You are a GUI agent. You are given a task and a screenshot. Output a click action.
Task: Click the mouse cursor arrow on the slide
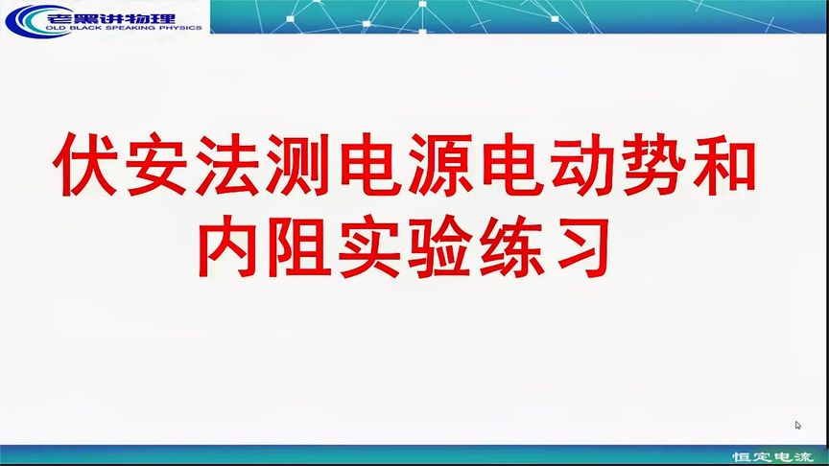coord(798,425)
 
